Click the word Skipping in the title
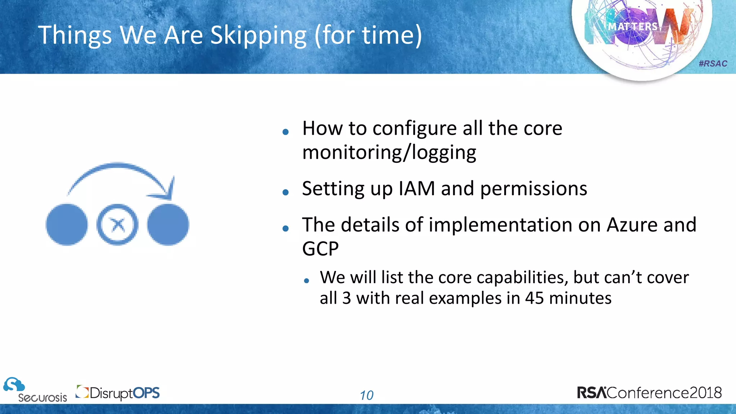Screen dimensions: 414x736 [x=258, y=36]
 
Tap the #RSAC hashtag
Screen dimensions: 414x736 [x=713, y=64]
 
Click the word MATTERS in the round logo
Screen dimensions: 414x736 [x=632, y=27]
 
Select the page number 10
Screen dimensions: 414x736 [x=367, y=395]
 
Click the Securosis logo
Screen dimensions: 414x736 [x=34, y=390]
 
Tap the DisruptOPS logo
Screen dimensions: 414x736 [x=118, y=393]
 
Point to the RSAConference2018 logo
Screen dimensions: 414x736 [x=649, y=392]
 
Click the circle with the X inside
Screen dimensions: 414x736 [x=118, y=225]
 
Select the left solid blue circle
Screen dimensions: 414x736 [x=67, y=225]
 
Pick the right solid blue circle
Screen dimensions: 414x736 [x=168, y=225]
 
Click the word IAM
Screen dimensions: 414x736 [x=417, y=188]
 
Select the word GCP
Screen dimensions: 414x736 [x=320, y=249]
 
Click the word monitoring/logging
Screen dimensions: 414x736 [x=389, y=152]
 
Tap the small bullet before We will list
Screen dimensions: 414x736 [x=306, y=281]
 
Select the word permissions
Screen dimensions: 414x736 [x=533, y=189]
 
